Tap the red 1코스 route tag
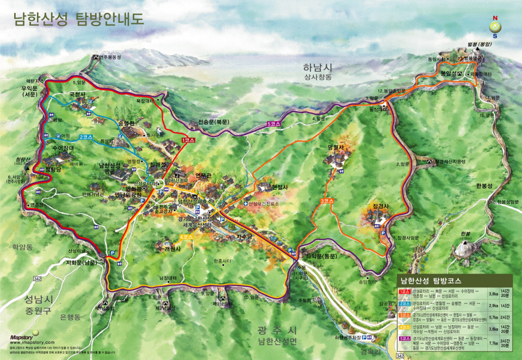tap(189, 140)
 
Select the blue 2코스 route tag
tap(86, 136)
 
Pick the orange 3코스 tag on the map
tap(326, 201)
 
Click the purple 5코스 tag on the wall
tap(275, 124)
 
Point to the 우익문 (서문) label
tap(29, 90)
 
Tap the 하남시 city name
tap(318, 68)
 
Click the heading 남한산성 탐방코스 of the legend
tap(433, 281)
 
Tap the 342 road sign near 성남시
tap(37, 278)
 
